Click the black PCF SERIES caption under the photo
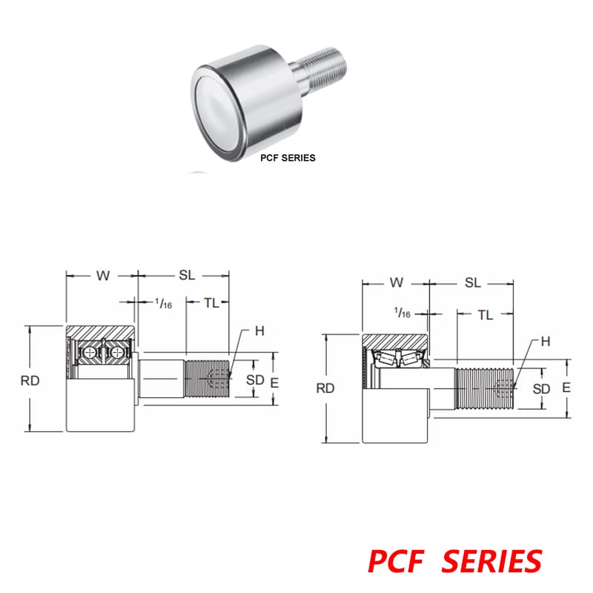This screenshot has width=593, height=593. (x=288, y=157)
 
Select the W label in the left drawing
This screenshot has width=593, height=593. (x=102, y=276)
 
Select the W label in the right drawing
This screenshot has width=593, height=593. (x=397, y=282)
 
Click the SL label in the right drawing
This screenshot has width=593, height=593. (x=472, y=282)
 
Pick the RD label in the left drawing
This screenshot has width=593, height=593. (x=30, y=380)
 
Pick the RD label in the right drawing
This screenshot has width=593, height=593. (x=325, y=388)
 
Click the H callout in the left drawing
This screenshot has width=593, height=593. (x=259, y=331)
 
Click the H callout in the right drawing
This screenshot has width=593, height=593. (x=545, y=341)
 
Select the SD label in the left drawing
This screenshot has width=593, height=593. (x=255, y=380)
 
